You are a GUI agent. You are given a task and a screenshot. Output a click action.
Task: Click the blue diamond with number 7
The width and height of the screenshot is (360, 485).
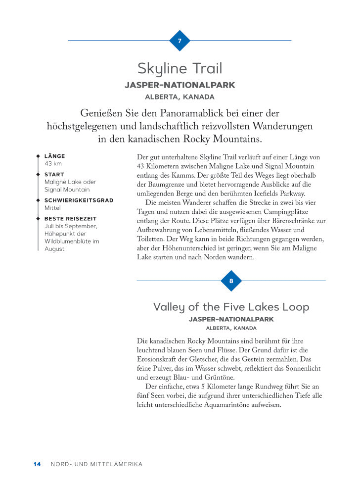click(x=180, y=41)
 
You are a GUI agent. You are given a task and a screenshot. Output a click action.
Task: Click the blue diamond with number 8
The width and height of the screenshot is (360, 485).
click(x=231, y=281)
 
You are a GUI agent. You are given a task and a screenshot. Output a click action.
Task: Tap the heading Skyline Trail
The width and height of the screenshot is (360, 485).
click(x=180, y=68)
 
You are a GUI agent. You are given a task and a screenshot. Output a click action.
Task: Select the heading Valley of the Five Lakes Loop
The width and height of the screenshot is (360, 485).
click(x=231, y=307)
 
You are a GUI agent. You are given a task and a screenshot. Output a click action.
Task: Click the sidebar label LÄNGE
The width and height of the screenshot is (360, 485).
click(x=54, y=156)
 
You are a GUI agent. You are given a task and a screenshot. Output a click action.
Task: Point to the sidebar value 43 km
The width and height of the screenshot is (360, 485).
click(x=53, y=164)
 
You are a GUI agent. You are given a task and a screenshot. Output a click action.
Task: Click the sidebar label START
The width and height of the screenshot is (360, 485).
click(x=54, y=175)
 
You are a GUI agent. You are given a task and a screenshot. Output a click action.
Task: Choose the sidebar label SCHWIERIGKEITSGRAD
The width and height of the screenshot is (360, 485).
click(x=79, y=200)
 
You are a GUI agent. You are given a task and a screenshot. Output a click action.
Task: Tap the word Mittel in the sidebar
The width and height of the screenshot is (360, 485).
click(x=52, y=208)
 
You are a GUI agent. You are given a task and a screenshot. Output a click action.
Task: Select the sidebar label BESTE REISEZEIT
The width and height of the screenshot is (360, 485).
click(x=70, y=218)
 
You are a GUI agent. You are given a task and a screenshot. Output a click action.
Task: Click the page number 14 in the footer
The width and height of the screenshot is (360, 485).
click(x=37, y=464)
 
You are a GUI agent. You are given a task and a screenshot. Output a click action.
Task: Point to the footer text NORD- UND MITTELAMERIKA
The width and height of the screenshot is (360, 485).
click(x=96, y=464)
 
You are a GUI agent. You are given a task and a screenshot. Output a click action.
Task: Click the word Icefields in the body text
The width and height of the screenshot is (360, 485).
click(x=264, y=194)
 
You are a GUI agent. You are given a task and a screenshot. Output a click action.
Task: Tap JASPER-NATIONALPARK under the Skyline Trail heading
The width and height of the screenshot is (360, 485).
click(x=180, y=85)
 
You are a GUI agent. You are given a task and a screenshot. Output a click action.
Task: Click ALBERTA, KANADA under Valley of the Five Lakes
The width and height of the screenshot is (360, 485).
click(x=231, y=328)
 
